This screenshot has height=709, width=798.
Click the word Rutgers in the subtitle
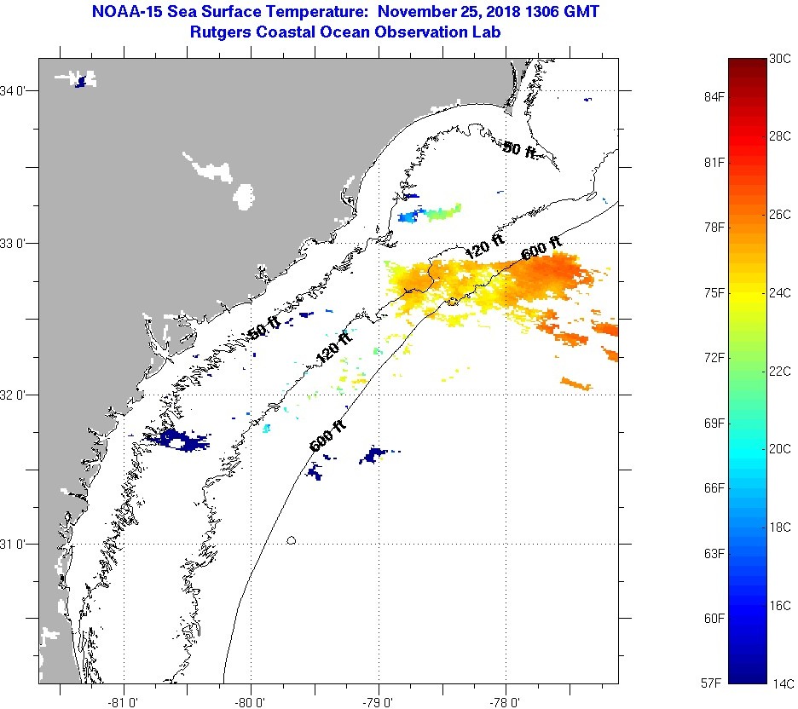[x=223, y=32]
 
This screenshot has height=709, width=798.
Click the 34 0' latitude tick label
[x=16, y=90]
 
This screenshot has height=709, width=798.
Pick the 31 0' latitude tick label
[x=16, y=544]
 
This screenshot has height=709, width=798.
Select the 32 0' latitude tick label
[x=16, y=395]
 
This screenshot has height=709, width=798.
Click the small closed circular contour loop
[x=292, y=539]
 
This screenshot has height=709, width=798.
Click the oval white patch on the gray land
[x=244, y=196]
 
